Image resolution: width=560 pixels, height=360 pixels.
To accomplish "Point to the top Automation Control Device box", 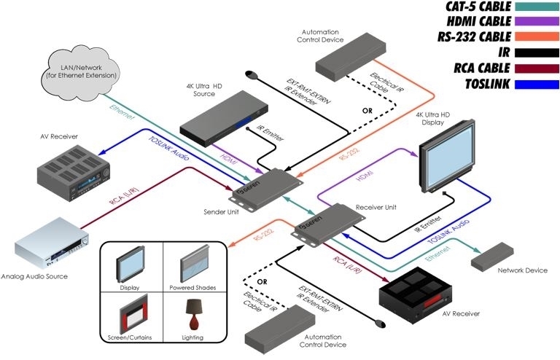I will (342, 55).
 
